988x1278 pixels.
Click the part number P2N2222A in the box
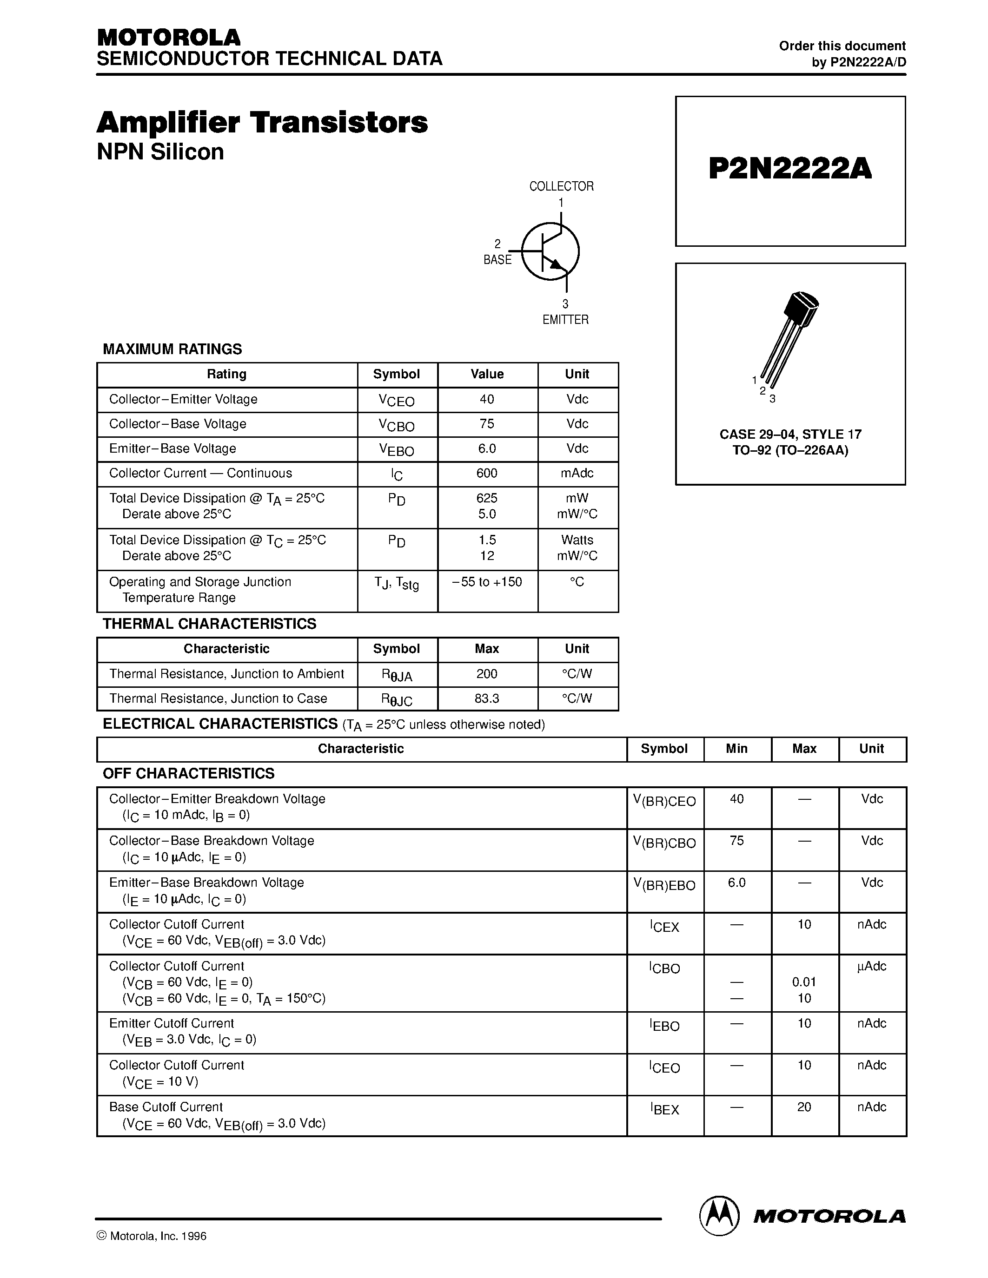click(789, 169)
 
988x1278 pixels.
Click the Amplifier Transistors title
click(262, 123)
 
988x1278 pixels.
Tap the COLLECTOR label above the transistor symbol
click(561, 186)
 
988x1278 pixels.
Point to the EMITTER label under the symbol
click(565, 320)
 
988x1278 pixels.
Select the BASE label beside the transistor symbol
click(497, 260)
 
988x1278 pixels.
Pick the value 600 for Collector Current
click(486, 473)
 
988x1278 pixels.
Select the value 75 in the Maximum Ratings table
click(486, 424)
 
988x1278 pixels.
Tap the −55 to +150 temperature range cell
click(486, 582)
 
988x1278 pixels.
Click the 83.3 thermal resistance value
click(486, 698)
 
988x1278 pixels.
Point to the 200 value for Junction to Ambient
click(486, 673)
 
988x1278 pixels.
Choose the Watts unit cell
click(577, 540)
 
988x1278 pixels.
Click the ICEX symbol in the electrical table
click(664, 926)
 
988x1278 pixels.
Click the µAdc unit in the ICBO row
click(871, 966)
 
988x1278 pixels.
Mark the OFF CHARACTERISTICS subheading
click(188, 774)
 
